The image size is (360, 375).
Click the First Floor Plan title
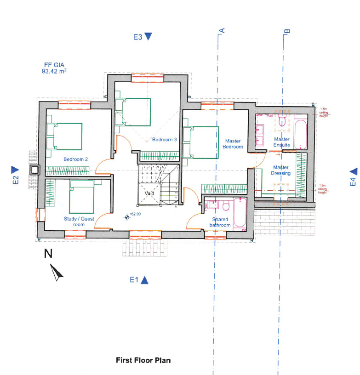coord(143,360)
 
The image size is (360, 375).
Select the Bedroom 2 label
coord(76,159)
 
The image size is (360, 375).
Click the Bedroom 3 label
coord(165,140)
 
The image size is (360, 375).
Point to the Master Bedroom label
coord(233,144)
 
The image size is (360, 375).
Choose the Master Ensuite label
coord(282,142)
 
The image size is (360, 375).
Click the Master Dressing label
coord(281,170)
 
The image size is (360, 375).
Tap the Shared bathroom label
coord(220,222)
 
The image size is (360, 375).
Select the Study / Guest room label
coord(79,222)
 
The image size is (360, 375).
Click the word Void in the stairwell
coord(149,194)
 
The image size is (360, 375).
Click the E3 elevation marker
coord(143,37)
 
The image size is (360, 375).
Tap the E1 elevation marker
coord(139,280)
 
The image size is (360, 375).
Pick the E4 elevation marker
coord(353,177)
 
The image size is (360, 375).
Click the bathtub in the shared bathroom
coord(240,214)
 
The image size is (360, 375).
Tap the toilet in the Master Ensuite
coord(282,120)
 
